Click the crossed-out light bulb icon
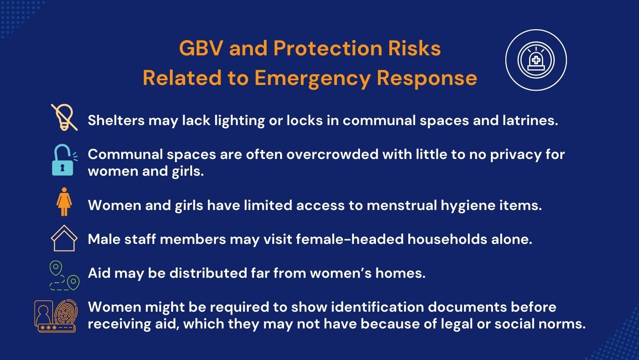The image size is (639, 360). [x=64, y=117]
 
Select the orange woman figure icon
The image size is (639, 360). [x=64, y=202]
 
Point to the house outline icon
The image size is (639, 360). [x=64, y=238]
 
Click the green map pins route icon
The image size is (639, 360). [x=64, y=275]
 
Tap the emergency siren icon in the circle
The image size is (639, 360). [x=536, y=60]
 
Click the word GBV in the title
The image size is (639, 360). [x=201, y=48]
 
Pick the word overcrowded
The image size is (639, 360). [x=332, y=154]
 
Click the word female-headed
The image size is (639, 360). [x=350, y=239]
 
